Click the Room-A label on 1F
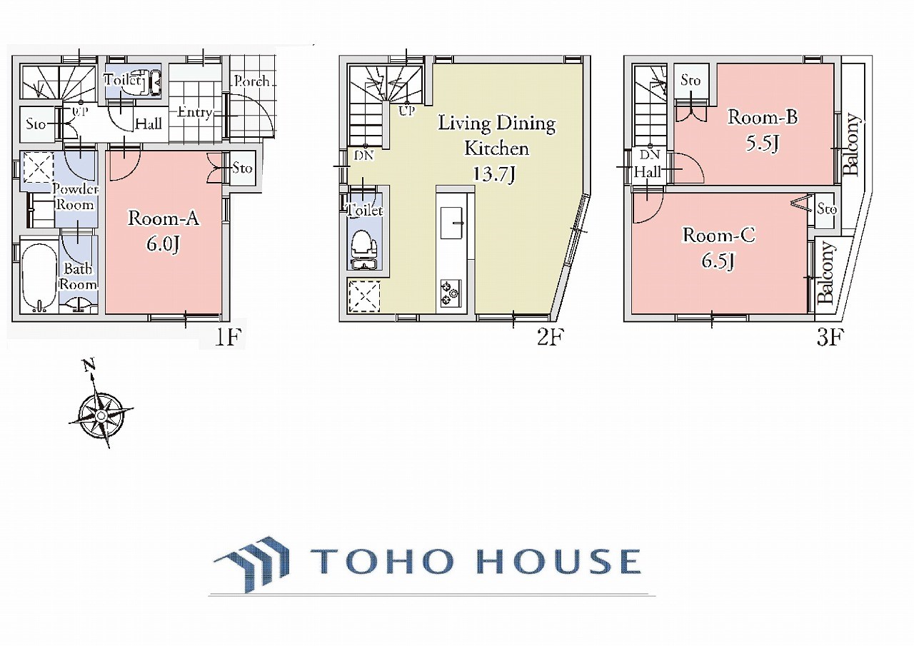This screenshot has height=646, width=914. click(x=164, y=218)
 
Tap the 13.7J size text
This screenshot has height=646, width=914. click(x=493, y=174)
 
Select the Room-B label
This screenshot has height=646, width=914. click(x=762, y=118)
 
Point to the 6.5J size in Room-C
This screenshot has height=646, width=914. click(x=718, y=261)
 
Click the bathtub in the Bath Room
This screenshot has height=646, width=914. click(x=39, y=278)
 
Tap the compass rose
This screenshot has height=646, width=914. click(x=101, y=415)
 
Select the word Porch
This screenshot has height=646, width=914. click(x=251, y=81)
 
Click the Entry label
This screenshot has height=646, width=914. click(x=195, y=112)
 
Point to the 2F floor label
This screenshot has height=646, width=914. click(x=551, y=337)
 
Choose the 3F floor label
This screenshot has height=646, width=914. click(x=830, y=337)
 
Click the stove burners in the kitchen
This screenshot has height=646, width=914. click(x=451, y=293)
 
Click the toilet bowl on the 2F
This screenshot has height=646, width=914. click(x=364, y=245)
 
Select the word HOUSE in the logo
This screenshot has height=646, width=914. click(x=558, y=561)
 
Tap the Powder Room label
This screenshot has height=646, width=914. click(x=75, y=197)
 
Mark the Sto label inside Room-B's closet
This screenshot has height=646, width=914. click(x=690, y=81)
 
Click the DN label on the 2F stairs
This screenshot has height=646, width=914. click(x=364, y=156)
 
